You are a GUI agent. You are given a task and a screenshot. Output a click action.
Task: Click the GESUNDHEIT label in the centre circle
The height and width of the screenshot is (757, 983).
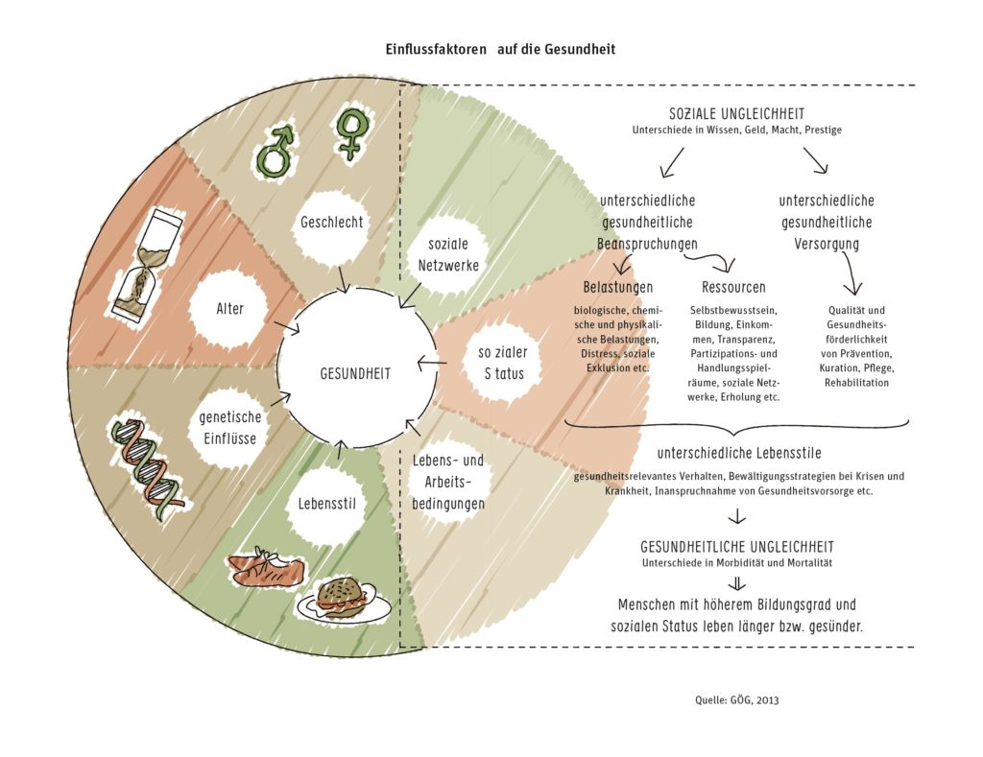[x=355, y=375]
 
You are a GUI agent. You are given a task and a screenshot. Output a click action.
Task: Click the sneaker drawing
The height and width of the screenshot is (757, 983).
[x=268, y=570]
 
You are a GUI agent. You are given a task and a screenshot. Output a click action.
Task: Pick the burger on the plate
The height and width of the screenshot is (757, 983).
[x=344, y=598]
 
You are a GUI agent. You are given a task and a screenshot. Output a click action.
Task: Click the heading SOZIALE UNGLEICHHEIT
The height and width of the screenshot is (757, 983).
[x=736, y=113]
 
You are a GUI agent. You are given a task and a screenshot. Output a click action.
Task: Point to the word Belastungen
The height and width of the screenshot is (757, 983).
[x=618, y=287]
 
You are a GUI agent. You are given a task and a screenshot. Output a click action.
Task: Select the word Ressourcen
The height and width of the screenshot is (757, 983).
[x=734, y=287]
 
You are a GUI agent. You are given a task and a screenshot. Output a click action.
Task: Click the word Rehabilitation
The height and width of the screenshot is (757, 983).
[x=856, y=383]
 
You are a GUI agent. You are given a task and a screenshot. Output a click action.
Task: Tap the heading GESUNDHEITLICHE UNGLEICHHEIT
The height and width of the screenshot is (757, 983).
[x=736, y=546]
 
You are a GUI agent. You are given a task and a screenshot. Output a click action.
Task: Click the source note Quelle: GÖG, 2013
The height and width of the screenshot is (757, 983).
[x=737, y=699]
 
